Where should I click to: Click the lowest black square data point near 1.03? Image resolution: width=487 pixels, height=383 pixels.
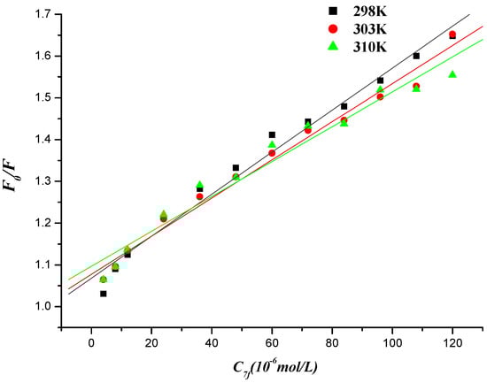(x=104, y=294)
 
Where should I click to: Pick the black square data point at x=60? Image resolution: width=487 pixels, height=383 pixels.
(x=272, y=134)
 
